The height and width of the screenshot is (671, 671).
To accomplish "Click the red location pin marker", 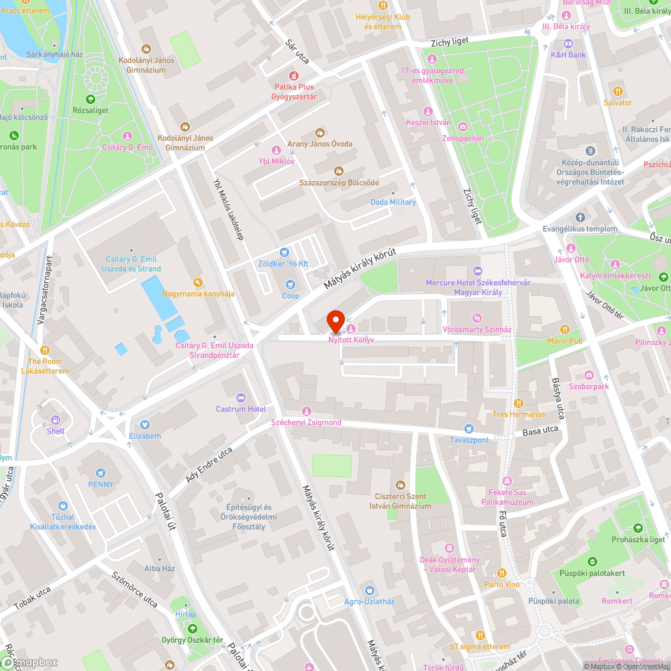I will pos(335,321).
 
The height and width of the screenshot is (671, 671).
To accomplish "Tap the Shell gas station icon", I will pos(56,419).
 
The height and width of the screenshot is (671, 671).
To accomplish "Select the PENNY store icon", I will pos(101,472).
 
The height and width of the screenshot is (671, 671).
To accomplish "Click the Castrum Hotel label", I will pos(240,409).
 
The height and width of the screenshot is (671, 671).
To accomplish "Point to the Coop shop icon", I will pos(291,284).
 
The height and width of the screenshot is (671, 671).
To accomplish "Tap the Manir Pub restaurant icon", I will pos(565,329).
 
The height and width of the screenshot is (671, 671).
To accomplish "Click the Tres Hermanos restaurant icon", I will pos(518,403).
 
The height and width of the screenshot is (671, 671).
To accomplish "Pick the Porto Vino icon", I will pos(502,572).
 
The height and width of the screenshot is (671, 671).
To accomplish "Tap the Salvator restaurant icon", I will pos(617,91).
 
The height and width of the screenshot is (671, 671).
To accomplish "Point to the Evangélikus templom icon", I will pos(580,217).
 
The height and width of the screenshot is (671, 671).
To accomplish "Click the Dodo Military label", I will pos(393,202).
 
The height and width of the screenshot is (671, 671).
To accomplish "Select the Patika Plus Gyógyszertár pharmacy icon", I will pos(294,75).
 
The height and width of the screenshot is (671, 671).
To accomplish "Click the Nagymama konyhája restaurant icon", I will pos(197,282).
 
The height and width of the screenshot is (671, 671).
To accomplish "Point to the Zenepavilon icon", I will pos(463,126).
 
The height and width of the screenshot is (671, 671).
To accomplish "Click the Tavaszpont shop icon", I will pos(468,428).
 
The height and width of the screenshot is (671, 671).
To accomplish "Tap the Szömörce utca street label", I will pos(135,590).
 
